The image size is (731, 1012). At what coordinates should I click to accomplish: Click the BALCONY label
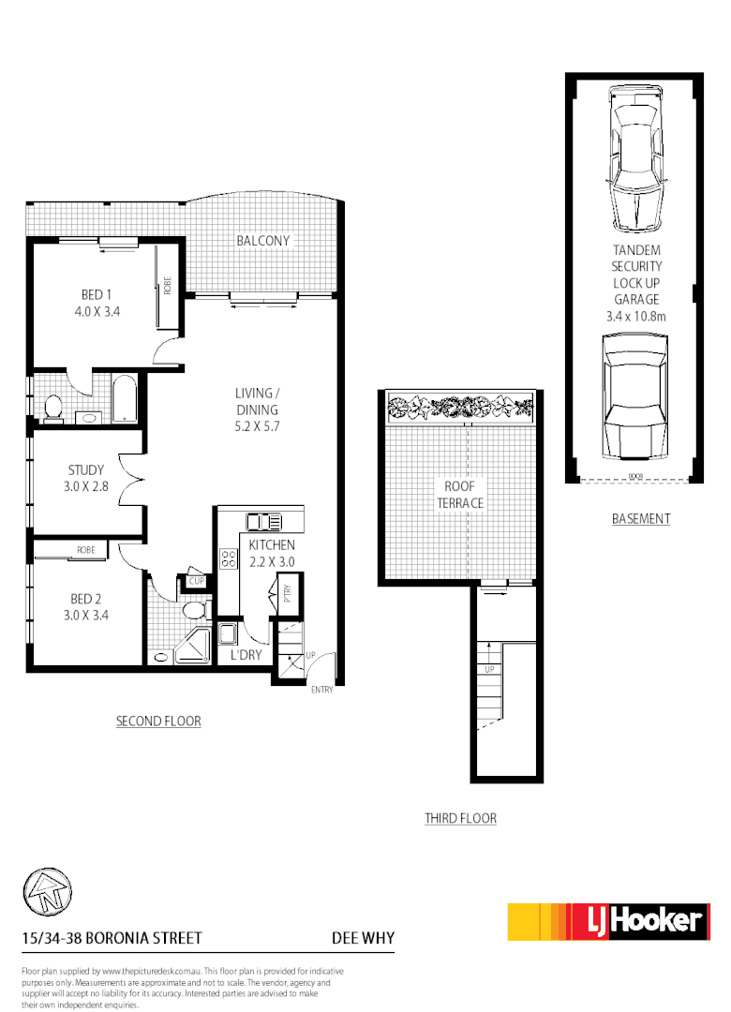click(x=263, y=241)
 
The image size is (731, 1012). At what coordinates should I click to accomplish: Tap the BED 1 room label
click(x=91, y=295)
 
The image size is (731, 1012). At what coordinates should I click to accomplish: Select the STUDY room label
click(x=86, y=470)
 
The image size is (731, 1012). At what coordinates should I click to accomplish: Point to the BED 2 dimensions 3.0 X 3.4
click(x=86, y=616)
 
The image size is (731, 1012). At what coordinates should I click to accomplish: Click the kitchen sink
click(x=264, y=522)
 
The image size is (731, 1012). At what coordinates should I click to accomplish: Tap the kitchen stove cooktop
click(x=228, y=559)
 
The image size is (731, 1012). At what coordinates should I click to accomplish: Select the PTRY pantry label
click(x=284, y=595)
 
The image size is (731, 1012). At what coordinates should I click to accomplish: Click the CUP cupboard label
click(x=197, y=582)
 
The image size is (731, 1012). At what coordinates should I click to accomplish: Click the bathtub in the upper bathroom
click(x=125, y=400)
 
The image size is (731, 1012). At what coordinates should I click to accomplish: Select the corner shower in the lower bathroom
click(x=194, y=647)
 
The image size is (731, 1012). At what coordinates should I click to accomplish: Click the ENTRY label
click(x=323, y=691)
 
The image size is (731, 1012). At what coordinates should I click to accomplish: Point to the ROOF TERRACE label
click(x=459, y=495)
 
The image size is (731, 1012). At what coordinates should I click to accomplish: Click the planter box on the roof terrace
click(x=459, y=408)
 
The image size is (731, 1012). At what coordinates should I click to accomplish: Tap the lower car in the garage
click(x=636, y=398)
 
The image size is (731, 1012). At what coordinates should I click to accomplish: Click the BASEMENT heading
click(x=641, y=518)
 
